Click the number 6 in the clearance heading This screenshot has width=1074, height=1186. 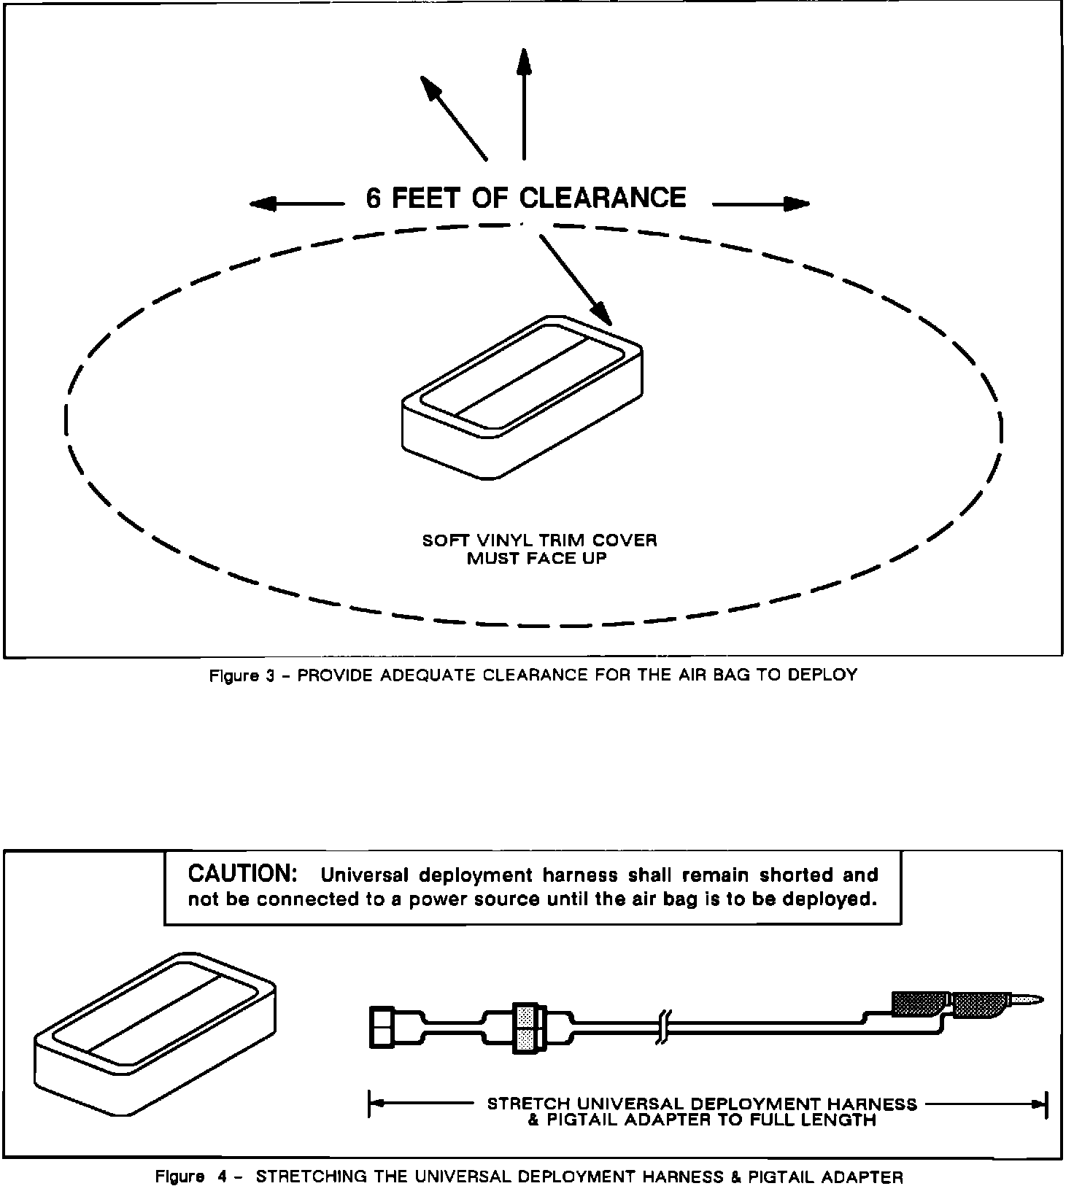pos(374,198)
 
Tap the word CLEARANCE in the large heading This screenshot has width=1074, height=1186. pos(602,198)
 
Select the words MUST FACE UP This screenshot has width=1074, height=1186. pos(537,559)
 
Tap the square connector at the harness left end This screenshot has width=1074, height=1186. pos(382,1027)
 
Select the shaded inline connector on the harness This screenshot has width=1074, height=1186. pos(525,1027)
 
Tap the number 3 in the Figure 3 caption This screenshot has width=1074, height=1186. pos(269,675)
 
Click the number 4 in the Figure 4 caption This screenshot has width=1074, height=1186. pos(221,1177)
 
